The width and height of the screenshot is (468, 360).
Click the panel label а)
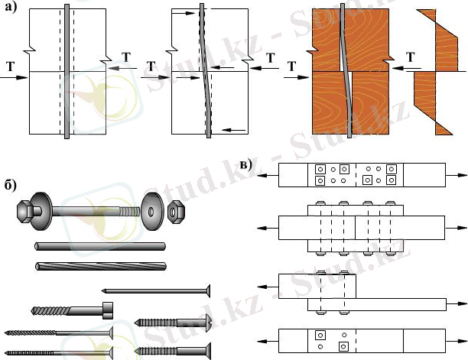(11, 7)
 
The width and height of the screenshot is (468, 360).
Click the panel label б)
(11, 185)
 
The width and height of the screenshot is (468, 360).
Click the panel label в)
(246, 164)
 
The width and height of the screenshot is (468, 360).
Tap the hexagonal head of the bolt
(25, 211)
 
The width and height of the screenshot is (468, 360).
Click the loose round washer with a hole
(152, 212)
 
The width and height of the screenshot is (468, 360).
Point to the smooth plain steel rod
(100, 246)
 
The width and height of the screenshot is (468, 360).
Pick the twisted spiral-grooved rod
(100, 266)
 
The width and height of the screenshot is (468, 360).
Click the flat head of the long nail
(208, 290)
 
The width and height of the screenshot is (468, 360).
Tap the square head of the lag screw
(108, 310)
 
